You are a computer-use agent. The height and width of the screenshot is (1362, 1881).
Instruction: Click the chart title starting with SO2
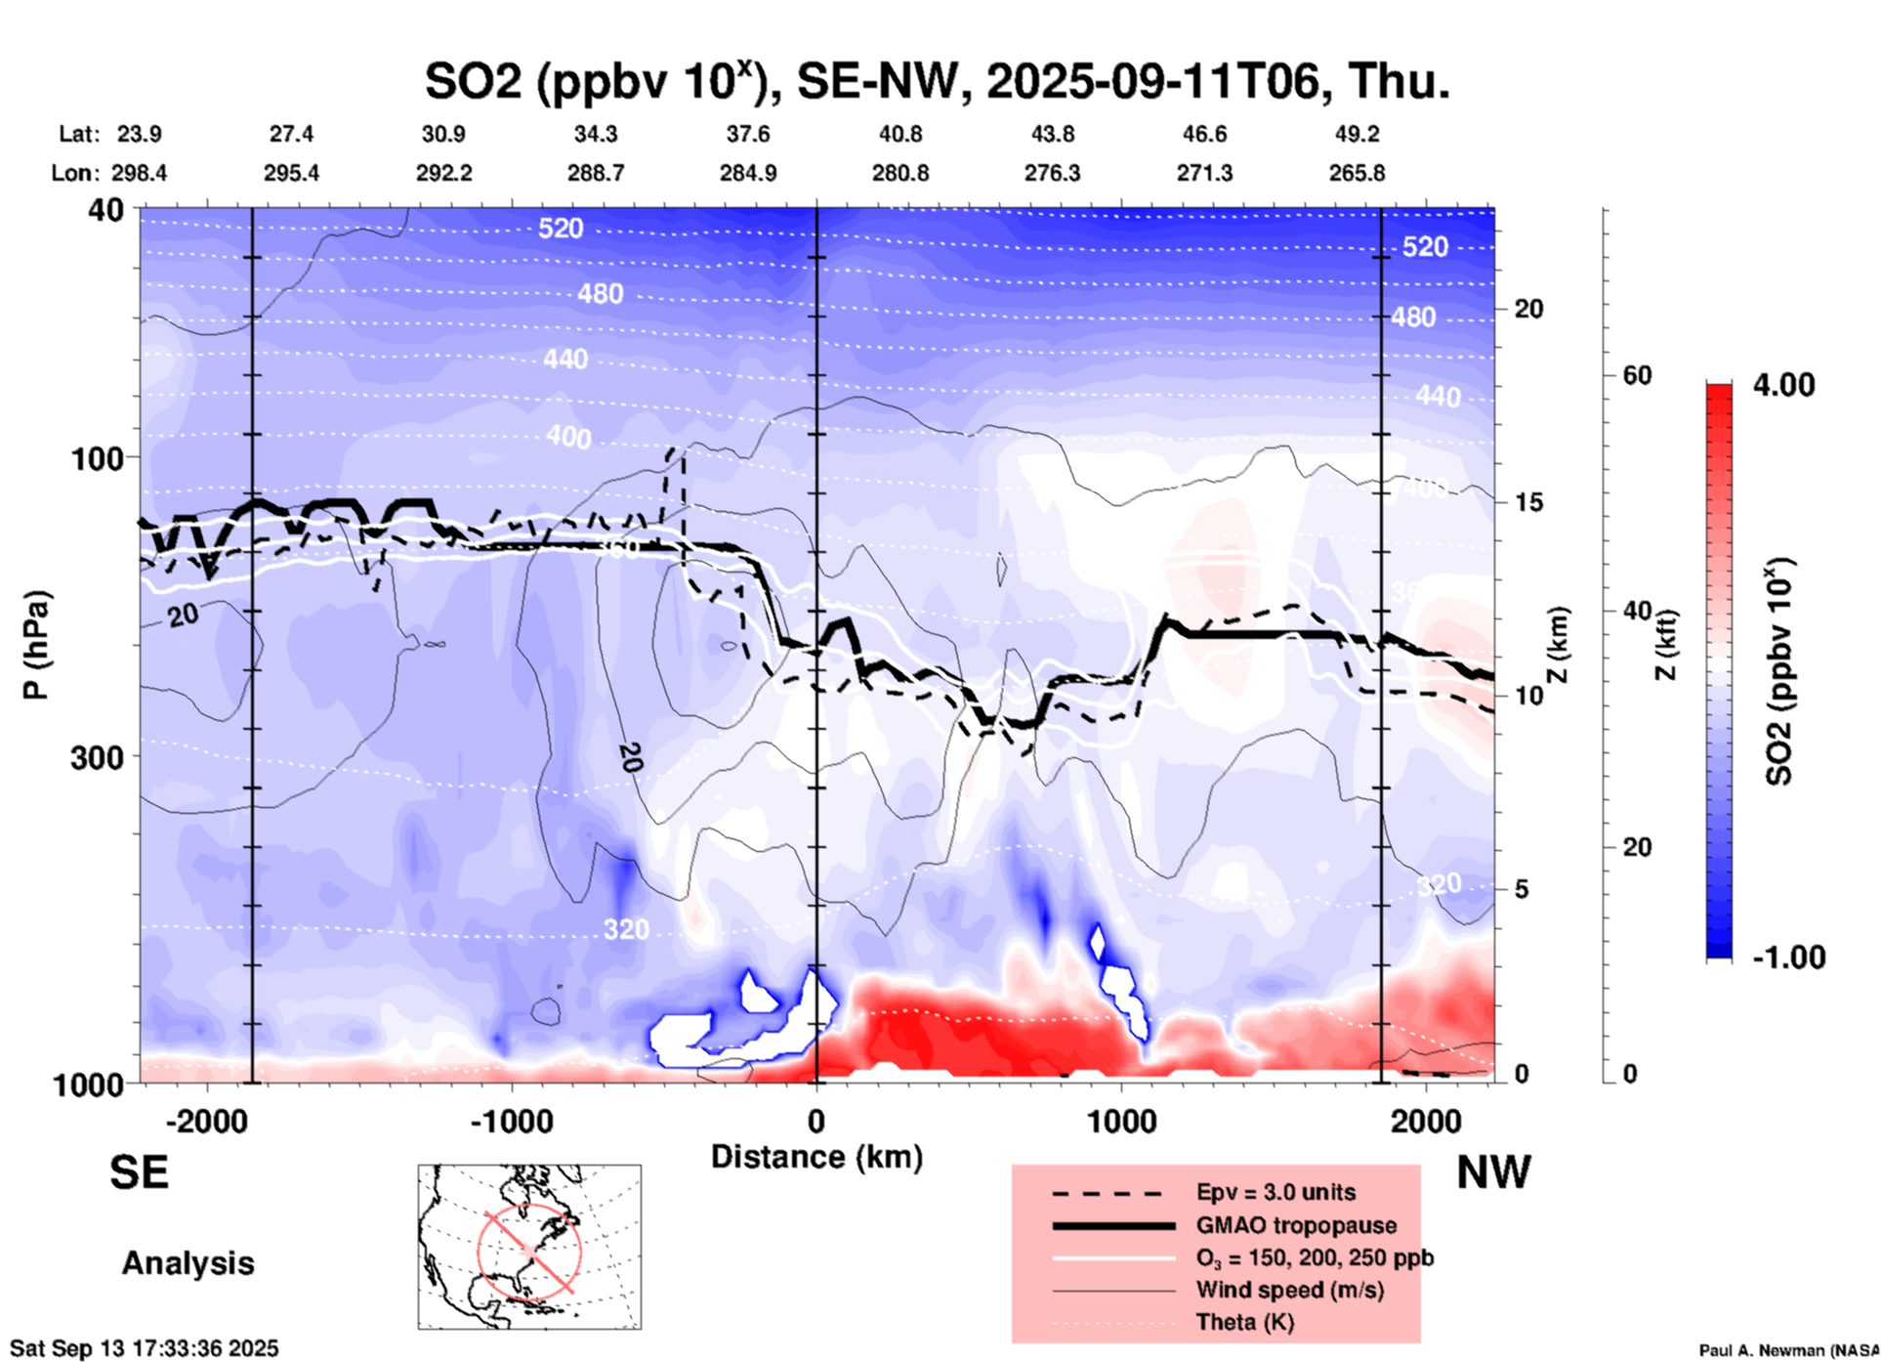click(938, 80)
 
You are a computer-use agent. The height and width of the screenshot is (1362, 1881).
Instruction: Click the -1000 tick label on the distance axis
click(511, 1121)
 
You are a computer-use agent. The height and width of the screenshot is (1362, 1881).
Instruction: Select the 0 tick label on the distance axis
click(816, 1121)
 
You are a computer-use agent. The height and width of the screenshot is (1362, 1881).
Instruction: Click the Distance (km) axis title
click(816, 1157)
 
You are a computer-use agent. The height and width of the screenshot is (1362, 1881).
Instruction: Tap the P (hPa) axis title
click(36, 645)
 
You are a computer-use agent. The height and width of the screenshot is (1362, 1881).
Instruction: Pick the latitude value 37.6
click(748, 134)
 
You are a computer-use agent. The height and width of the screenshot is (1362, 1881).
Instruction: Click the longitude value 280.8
click(899, 173)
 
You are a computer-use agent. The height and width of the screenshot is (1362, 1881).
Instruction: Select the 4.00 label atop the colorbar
click(1783, 385)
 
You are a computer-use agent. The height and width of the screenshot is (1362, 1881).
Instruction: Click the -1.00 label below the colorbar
click(1788, 958)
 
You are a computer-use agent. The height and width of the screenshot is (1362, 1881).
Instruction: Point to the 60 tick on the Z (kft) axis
click(1637, 375)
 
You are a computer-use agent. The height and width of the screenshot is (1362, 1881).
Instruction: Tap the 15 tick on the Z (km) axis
click(1528, 502)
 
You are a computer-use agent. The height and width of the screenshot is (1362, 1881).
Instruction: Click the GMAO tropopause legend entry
click(1296, 1225)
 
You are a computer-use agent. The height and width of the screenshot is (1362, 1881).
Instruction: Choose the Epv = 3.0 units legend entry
click(1275, 1192)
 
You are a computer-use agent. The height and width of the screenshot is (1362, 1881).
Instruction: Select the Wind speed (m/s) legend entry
click(1289, 1290)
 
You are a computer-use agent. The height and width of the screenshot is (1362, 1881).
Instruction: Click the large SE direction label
click(139, 1172)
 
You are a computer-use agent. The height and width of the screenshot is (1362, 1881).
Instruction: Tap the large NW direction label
click(1493, 1172)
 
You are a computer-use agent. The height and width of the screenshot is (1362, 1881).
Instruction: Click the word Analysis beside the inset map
click(188, 1263)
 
